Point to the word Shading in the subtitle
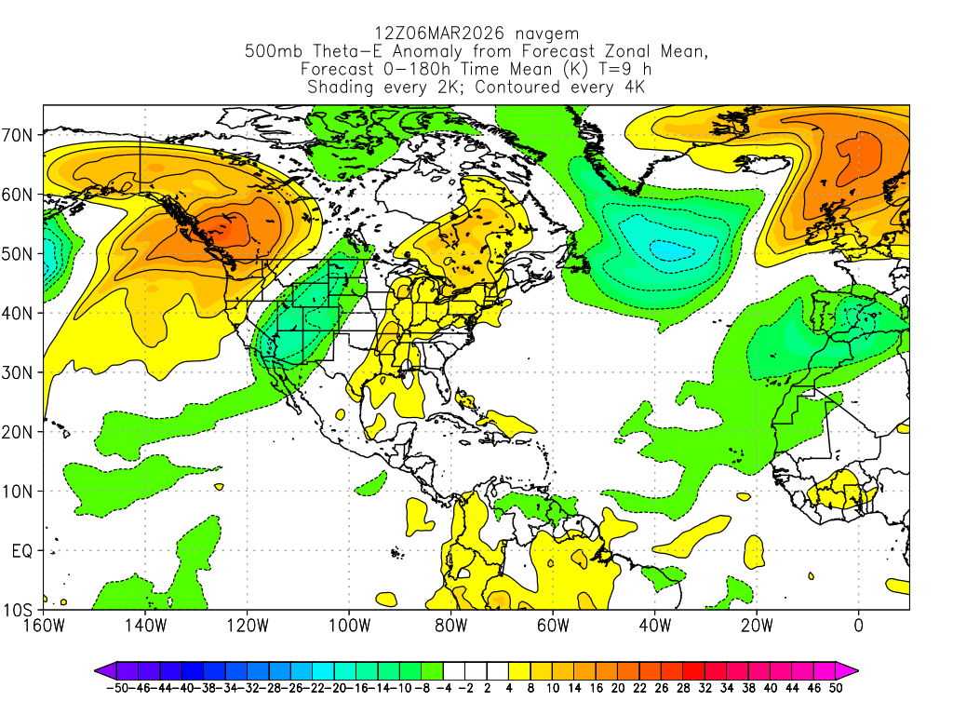coord(342,88)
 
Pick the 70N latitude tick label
coord(19,135)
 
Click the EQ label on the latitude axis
coord(22,551)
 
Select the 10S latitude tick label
coord(19,611)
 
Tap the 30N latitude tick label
coord(19,372)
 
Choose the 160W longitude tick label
coord(44,625)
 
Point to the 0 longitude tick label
coord(858,625)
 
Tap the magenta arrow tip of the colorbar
coord(851,669)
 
